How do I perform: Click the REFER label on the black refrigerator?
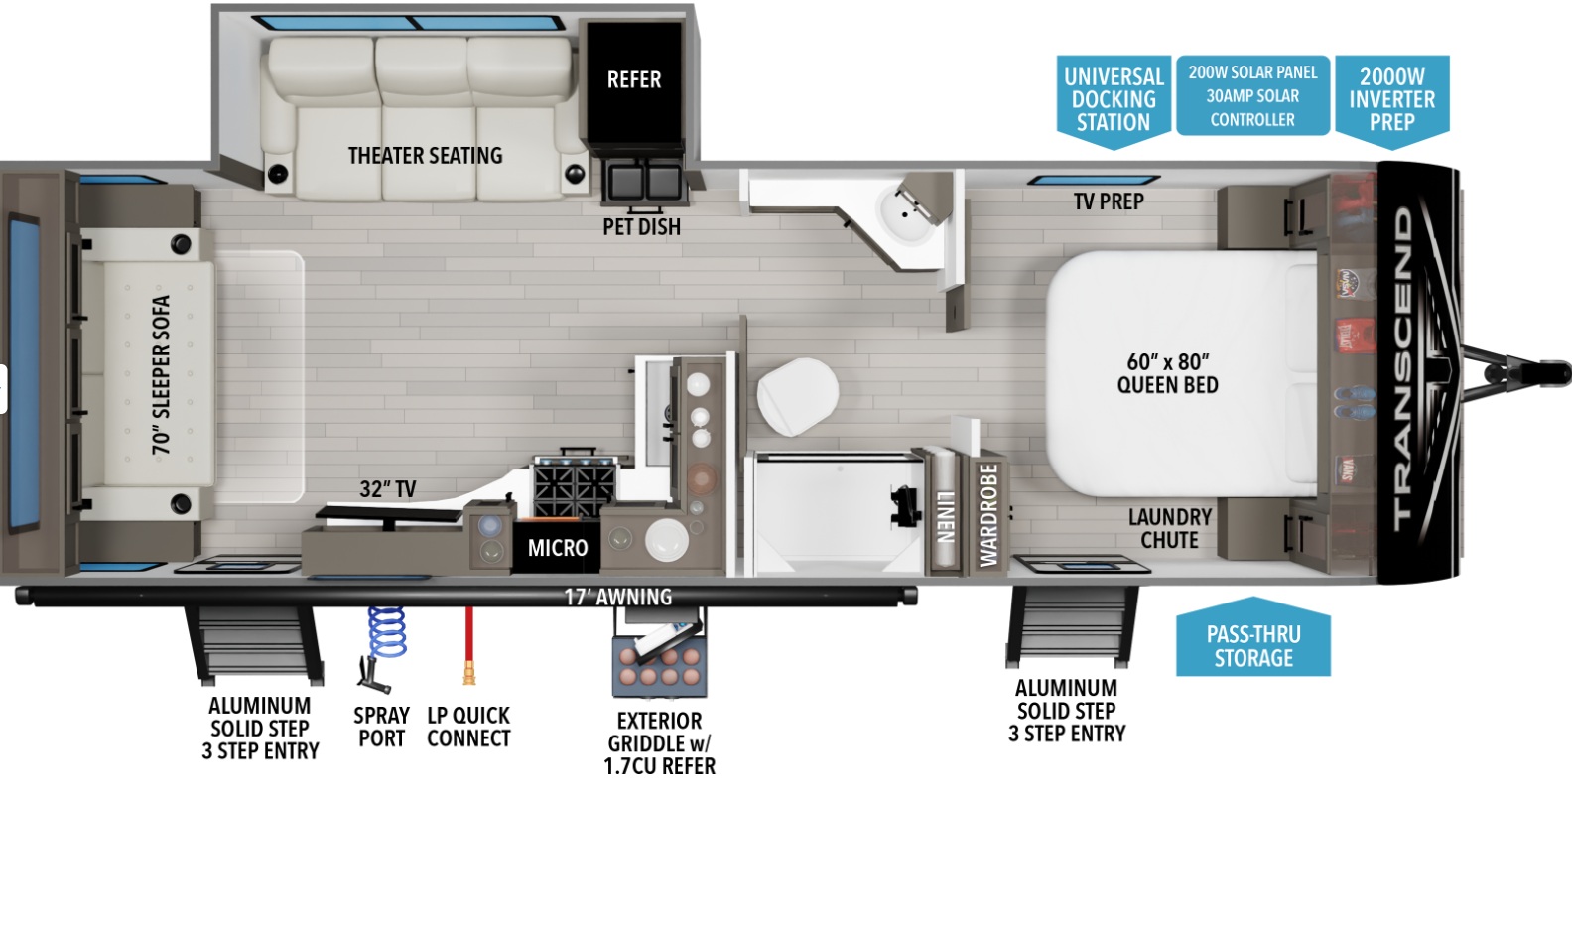634,80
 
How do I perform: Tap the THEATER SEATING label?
426,155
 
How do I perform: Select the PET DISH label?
641,226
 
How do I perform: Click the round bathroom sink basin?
907,214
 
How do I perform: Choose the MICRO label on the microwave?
558,548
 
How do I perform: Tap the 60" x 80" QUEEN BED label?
1168,373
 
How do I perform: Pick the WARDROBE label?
988,514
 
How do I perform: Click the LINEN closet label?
946,517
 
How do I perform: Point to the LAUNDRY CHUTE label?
1170,529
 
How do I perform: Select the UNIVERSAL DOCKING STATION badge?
1113,100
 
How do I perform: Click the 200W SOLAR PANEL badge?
1252,95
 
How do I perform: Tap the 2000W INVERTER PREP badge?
1392,100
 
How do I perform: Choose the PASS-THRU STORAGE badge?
1253,638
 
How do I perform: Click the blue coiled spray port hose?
387,632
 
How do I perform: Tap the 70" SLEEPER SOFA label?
161,375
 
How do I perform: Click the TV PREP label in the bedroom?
1109,202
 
